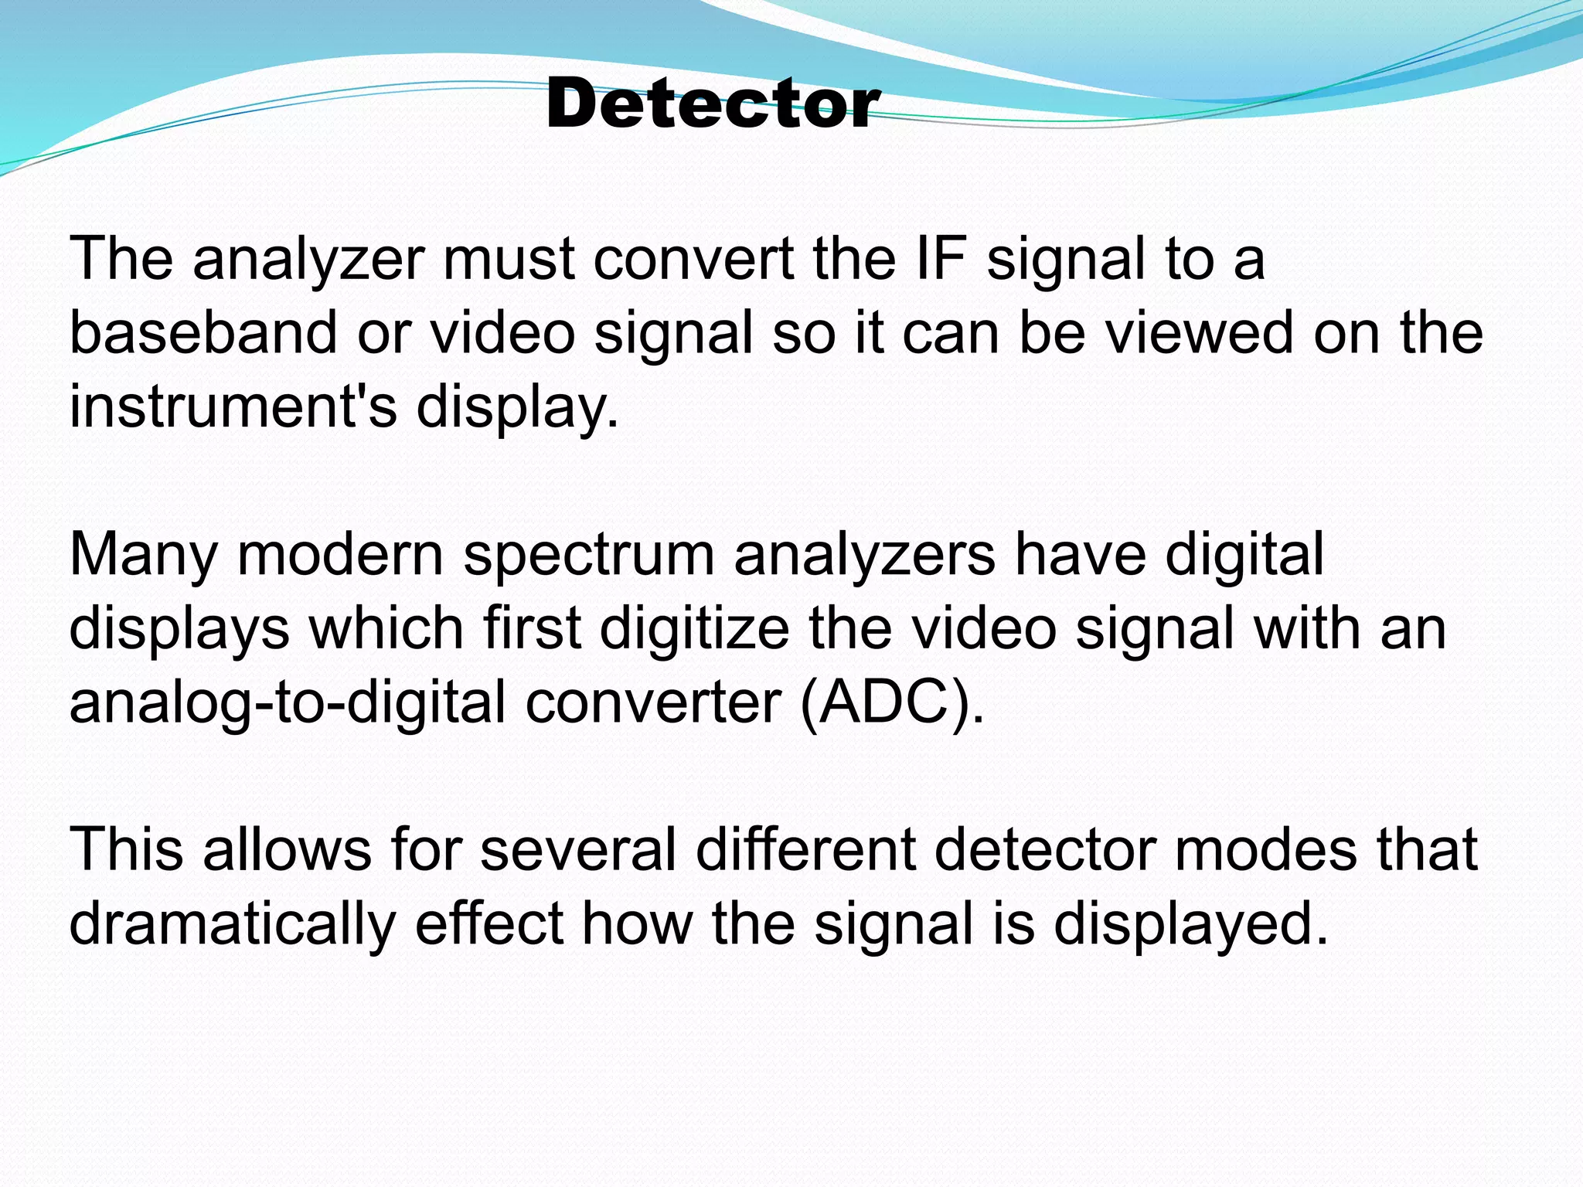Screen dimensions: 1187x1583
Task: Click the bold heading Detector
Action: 712,104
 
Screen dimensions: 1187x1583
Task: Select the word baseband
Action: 203,332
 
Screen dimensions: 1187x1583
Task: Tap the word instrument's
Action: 233,406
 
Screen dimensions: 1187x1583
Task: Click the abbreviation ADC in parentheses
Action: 890,702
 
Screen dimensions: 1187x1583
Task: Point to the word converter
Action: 653,702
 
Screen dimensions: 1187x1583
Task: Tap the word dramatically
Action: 232,924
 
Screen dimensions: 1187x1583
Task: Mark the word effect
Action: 489,924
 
